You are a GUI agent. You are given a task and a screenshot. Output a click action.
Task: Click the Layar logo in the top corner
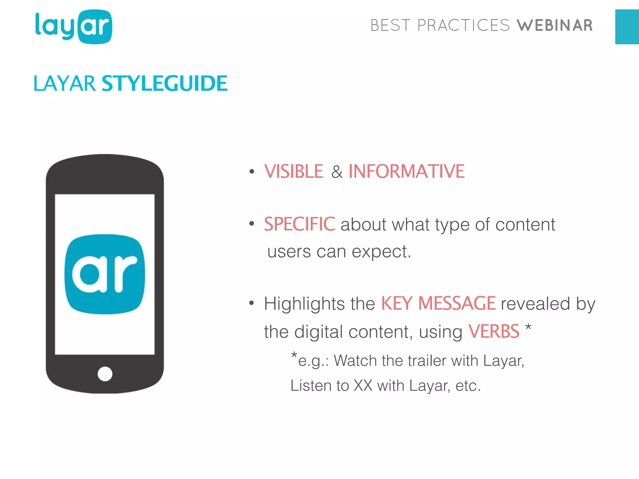pyautogui.click(x=74, y=27)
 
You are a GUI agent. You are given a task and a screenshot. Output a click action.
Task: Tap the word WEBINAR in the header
pyautogui.click(x=554, y=26)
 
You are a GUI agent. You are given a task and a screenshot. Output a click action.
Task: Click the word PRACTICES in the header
pyautogui.click(x=463, y=26)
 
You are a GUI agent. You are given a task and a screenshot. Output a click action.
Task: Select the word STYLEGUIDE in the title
pyautogui.click(x=164, y=84)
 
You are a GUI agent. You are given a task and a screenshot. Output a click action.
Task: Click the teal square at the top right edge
pyautogui.click(x=627, y=27)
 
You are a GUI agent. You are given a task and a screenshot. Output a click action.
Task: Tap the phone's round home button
pyautogui.click(x=105, y=374)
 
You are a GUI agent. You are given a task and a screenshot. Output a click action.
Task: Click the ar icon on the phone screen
pyautogui.click(x=105, y=274)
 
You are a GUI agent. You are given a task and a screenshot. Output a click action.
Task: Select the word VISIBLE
pyautogui.click(x=294, y=172)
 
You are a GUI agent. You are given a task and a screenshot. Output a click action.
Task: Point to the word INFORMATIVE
pyautogui.click(x=406, y=172)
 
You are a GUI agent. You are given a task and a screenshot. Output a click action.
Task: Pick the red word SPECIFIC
pyautogui.click(x=300, y=224)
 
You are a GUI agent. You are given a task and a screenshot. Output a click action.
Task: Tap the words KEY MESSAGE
pyautogui.click(x=438, y=303)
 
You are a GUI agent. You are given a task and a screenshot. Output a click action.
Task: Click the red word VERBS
pyautogui.click(x=494, y=331)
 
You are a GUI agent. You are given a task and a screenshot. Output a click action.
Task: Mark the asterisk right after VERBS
pyautogui.click(x=528, y=327)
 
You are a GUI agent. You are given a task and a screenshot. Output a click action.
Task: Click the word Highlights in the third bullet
pyautogui.click(x=304, y=304)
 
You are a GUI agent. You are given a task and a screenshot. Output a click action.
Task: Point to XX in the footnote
pyautogui.click(x=363, y=386)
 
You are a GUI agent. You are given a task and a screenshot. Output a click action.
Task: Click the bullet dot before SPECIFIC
pyautogui.click(x=252, y=223)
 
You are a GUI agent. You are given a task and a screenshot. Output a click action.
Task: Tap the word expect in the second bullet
pyautogui.click(x=379, y=252)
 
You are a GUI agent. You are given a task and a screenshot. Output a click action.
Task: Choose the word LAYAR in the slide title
pyautogui.click(x=65, y=84)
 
